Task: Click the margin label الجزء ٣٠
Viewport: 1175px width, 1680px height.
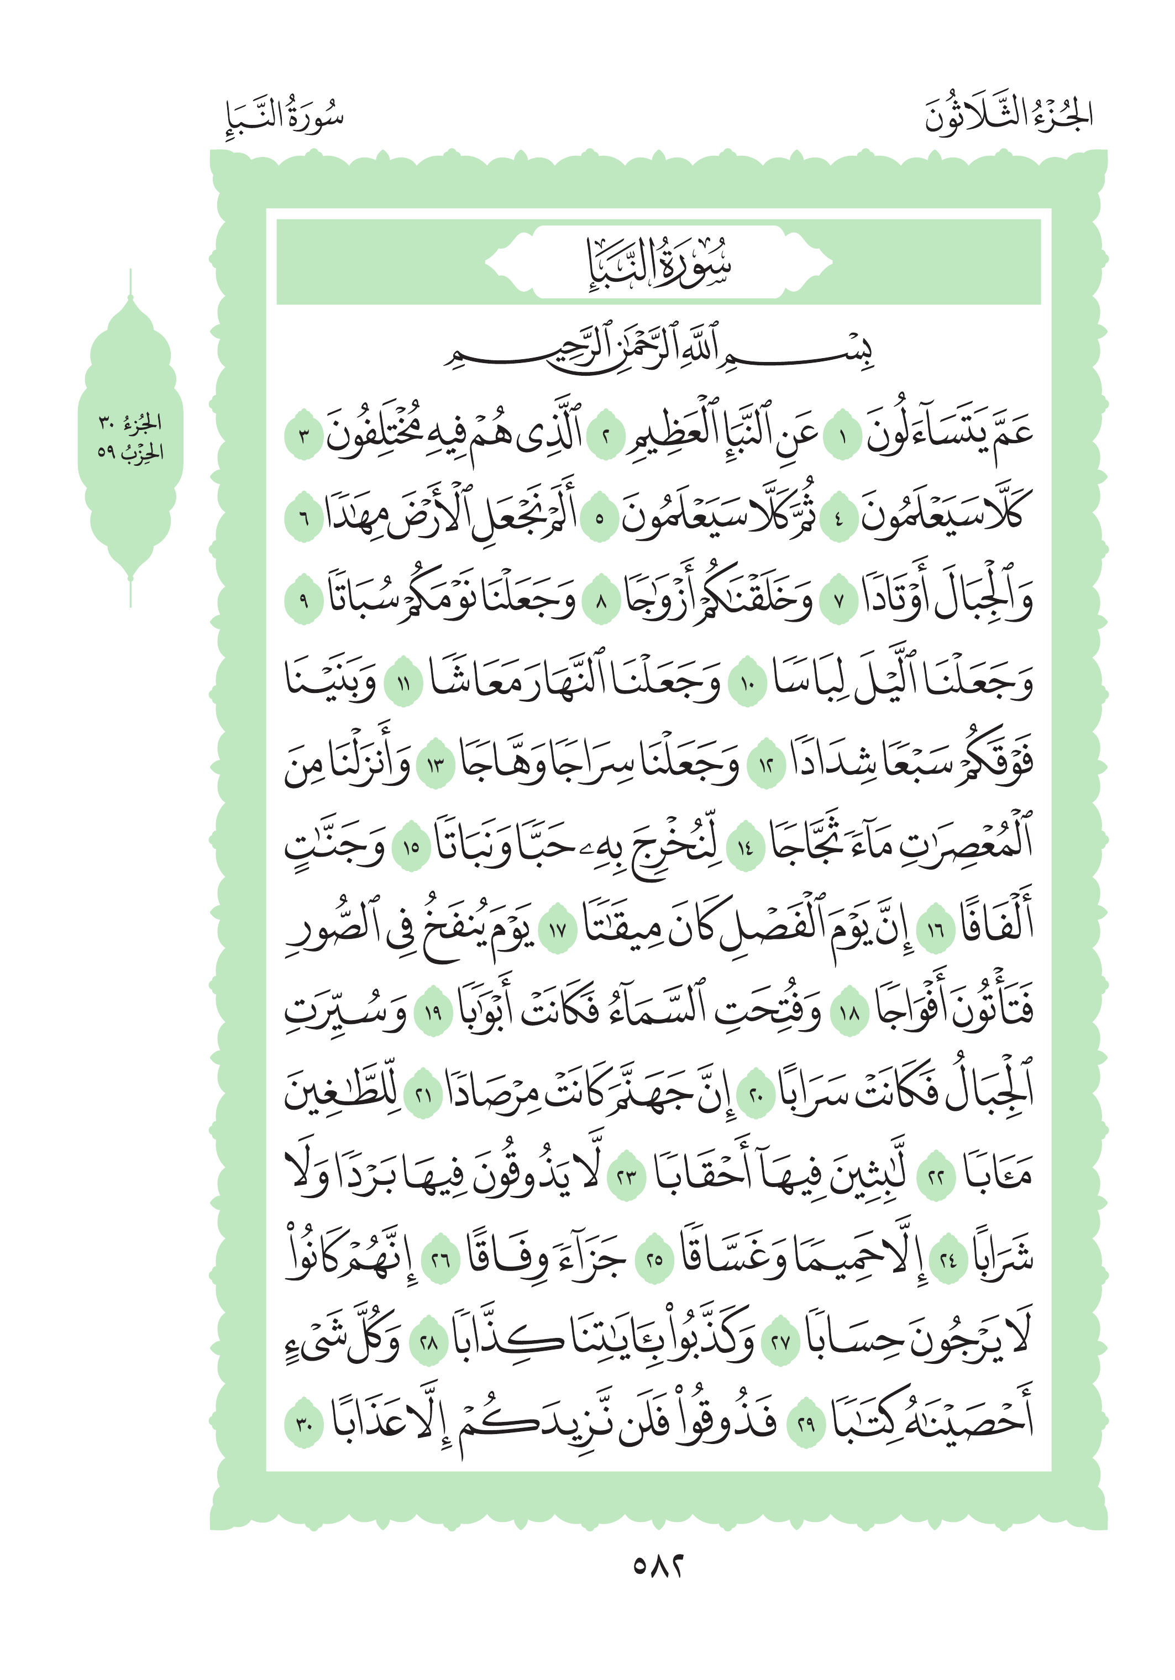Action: tap(130, 423)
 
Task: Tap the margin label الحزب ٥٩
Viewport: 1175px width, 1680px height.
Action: tap(130, 452)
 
